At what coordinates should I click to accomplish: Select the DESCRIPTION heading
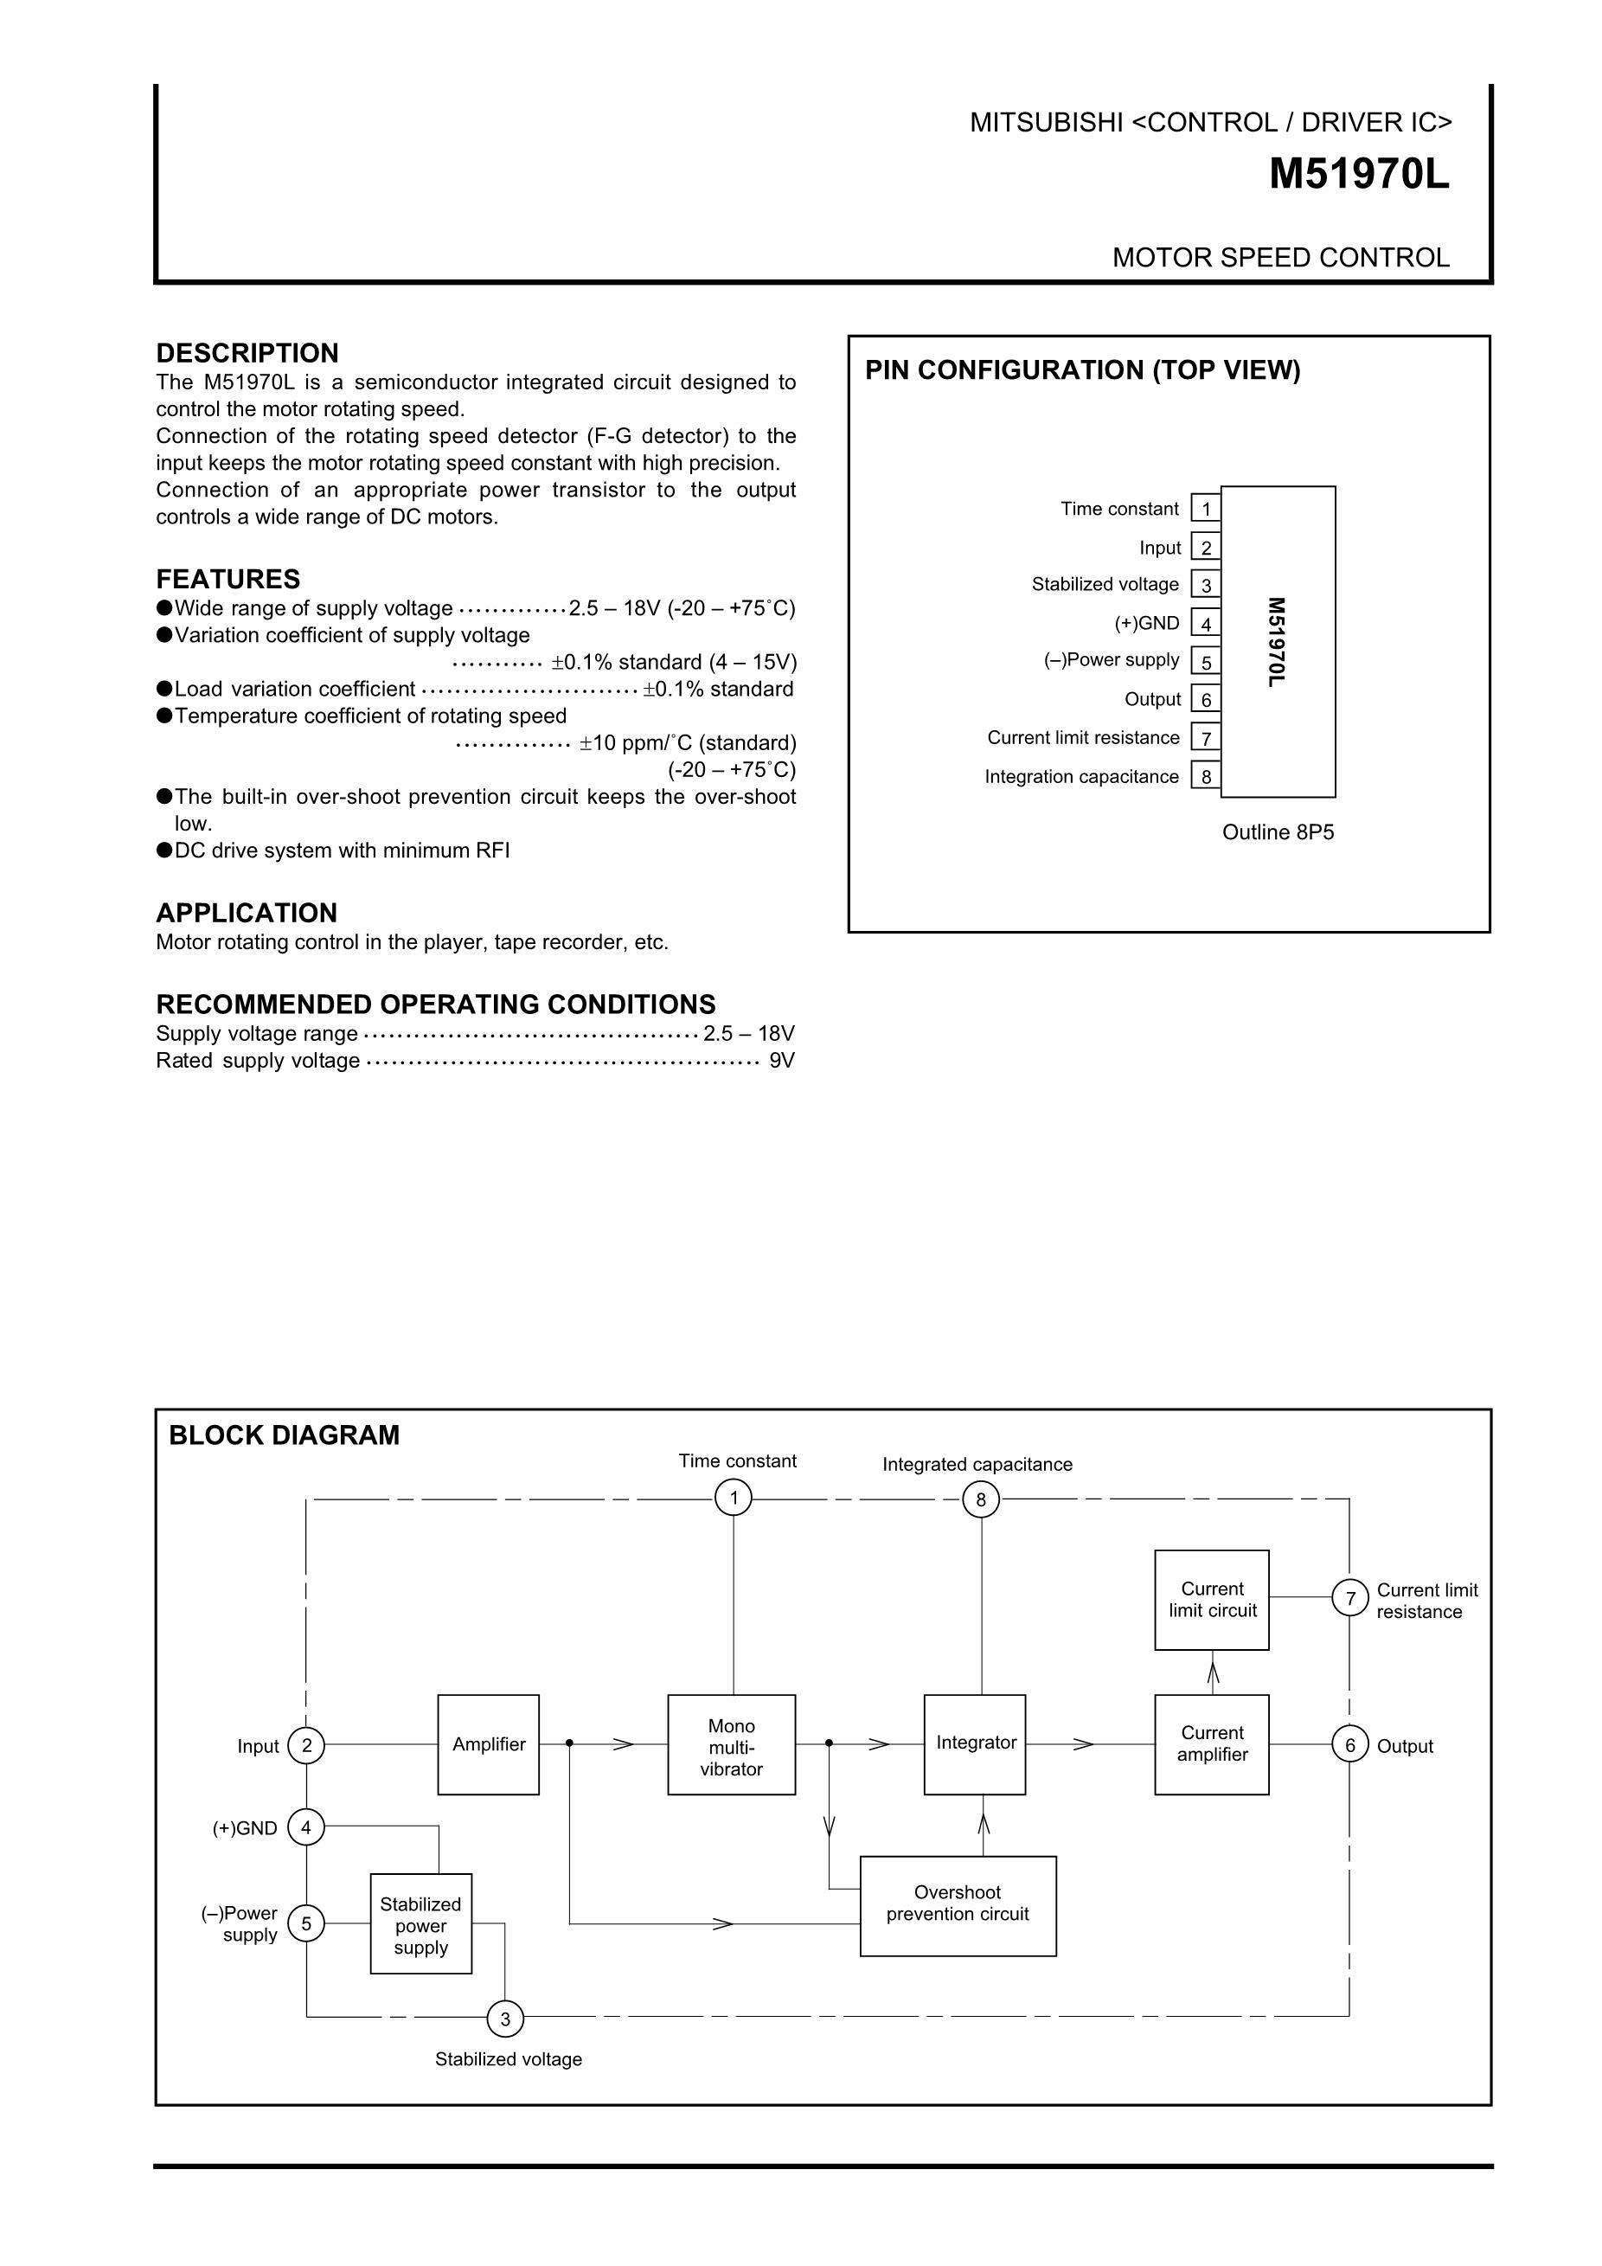click(247, 353)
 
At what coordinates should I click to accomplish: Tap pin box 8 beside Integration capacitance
click(1206, 777)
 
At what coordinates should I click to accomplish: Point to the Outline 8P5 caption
click(1278, 832)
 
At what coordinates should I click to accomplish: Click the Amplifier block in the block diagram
click(488, 1744)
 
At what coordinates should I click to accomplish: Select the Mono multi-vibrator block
click(731, 1745)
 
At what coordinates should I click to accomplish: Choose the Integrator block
click(975, 1744)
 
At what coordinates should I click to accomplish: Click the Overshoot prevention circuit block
click(957, 1906)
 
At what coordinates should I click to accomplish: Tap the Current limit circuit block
click(1211, 1600)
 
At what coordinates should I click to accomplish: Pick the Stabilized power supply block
click(420, 1924)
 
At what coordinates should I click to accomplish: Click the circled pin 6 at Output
click(1349, 1745)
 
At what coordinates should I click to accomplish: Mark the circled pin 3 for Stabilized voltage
click(505, 2019)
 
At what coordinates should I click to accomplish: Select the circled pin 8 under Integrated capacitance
click(981, 1500)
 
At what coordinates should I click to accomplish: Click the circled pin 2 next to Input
click(307, 1745)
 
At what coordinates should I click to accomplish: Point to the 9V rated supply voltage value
click(781, 1061)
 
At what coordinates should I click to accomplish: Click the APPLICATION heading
click(247, 913)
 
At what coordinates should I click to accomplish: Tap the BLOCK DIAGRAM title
click(284, 1435)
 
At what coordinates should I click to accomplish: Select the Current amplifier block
click(1211, 1744)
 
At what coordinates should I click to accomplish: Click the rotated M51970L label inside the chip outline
click(1277, 641)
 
